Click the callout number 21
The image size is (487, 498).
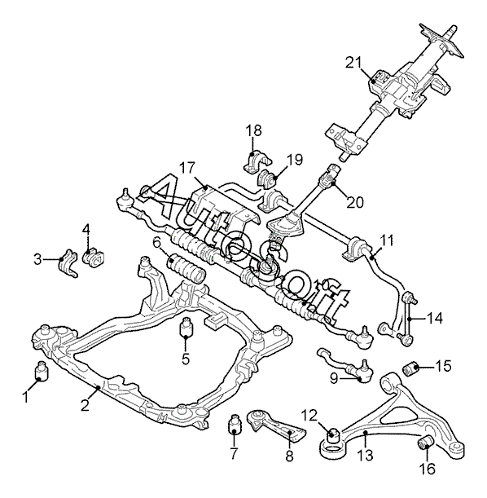pos(353,62)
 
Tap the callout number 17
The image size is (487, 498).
pos(187,168)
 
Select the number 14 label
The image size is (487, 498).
pos(434,318)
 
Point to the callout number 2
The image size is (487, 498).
pos(85,406)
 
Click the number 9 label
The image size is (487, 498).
pos(334,378)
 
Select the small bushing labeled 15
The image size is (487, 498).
pos(411,368)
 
